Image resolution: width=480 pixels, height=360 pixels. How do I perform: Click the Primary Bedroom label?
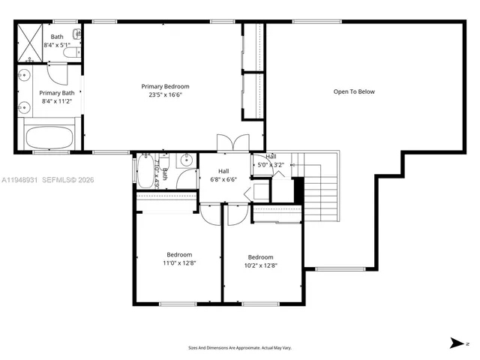[165, 86]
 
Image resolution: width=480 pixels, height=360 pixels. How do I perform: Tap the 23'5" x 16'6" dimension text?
[165, 95]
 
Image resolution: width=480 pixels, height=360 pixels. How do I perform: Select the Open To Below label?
[354, 91]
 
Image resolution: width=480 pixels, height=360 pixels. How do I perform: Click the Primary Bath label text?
[58, 93]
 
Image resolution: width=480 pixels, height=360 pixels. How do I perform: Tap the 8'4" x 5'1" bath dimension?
[58, 45]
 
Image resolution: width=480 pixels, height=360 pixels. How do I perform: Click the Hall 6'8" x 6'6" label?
[224, 175]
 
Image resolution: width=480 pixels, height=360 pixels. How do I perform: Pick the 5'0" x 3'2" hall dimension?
[271, 164]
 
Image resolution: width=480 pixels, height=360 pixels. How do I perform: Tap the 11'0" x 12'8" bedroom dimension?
[179, 263]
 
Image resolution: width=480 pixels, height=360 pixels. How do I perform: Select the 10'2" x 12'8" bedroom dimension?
[260, 265]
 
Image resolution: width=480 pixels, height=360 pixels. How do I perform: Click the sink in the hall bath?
[185, 160]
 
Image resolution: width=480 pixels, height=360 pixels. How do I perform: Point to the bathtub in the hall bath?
[144, 171]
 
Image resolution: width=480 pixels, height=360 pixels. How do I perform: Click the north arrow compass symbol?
[456, 343]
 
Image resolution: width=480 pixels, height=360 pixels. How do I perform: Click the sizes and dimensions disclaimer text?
[239, 348]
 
